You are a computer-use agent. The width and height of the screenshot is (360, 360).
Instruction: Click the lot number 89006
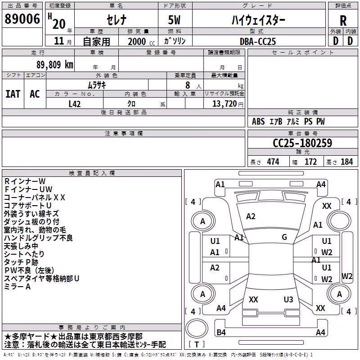tap(22, 19)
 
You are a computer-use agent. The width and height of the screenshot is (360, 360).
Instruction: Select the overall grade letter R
tap(343, 21)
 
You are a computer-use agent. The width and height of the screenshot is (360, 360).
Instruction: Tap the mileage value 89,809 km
tap(55, 65)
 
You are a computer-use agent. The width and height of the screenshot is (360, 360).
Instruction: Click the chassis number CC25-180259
tap(302, 143)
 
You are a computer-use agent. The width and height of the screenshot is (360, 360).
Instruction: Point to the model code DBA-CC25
tap(257, 41)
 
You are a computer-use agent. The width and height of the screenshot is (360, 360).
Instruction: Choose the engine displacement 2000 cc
tap(141, 41)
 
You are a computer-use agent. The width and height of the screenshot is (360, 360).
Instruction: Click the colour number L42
tap(75, 104)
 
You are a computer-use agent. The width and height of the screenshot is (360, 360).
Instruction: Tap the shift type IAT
tap(13, 94)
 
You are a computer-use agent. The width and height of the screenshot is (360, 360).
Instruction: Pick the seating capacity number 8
tap(188, 85)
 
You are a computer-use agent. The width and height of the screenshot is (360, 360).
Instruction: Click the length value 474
tap(273, 162)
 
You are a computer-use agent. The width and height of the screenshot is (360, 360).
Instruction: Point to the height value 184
tap(346, 162)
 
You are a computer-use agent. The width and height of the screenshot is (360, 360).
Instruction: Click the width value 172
tap(310, 162)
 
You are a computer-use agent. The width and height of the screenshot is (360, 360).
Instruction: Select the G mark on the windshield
tap(284, 237)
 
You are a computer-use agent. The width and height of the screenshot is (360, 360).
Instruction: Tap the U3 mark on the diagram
tap(288, 300)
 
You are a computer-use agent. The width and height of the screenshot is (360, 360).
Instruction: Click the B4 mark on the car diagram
tap(221, 332)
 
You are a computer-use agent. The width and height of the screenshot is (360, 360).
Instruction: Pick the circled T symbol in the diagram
tap(197, 328)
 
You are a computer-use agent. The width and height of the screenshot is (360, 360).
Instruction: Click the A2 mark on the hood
tap(251, 216)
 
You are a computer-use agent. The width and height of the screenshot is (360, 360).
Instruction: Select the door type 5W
tap(174, 20)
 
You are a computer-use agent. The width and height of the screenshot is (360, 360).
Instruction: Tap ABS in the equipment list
tap(258, 121)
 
